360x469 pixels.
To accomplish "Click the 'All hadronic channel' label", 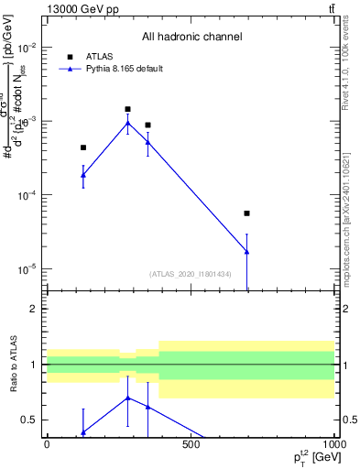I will pos(191,37).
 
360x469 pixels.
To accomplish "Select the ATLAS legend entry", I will pos(99,56).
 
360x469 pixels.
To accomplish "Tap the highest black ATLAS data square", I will pos(128,109).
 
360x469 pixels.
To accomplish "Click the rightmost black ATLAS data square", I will pos(247,213).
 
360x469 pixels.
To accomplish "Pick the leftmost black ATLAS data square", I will pos(83,147).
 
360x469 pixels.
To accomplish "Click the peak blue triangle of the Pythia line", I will pos(128,123).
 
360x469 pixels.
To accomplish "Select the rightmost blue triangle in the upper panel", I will pos(247,251).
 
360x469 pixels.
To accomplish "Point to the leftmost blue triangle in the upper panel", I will pos(83,174).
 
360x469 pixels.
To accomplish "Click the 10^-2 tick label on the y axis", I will pos(27,47).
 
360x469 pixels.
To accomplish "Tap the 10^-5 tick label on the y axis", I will pos(27,269).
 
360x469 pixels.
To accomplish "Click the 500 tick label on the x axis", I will pos(191,445).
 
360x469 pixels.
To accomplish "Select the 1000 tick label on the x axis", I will pos(334,445).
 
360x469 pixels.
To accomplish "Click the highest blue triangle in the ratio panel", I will pos(128,398).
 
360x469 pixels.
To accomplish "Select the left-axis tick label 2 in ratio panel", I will pos(35,309).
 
